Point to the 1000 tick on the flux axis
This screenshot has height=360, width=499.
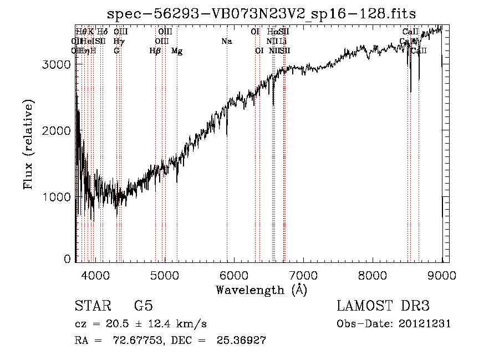57,197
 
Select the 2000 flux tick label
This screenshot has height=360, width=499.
57,130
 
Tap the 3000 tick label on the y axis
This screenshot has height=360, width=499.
57,64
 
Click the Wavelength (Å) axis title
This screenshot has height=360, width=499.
261,290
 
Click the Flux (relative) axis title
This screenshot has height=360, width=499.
29,145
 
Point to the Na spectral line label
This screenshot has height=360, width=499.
226,42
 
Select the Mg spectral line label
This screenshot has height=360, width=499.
177,51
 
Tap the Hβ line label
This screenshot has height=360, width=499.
155,51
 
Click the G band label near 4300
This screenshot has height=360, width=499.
116,51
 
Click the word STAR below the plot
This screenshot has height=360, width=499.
92,306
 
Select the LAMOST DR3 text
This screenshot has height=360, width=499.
383,306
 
